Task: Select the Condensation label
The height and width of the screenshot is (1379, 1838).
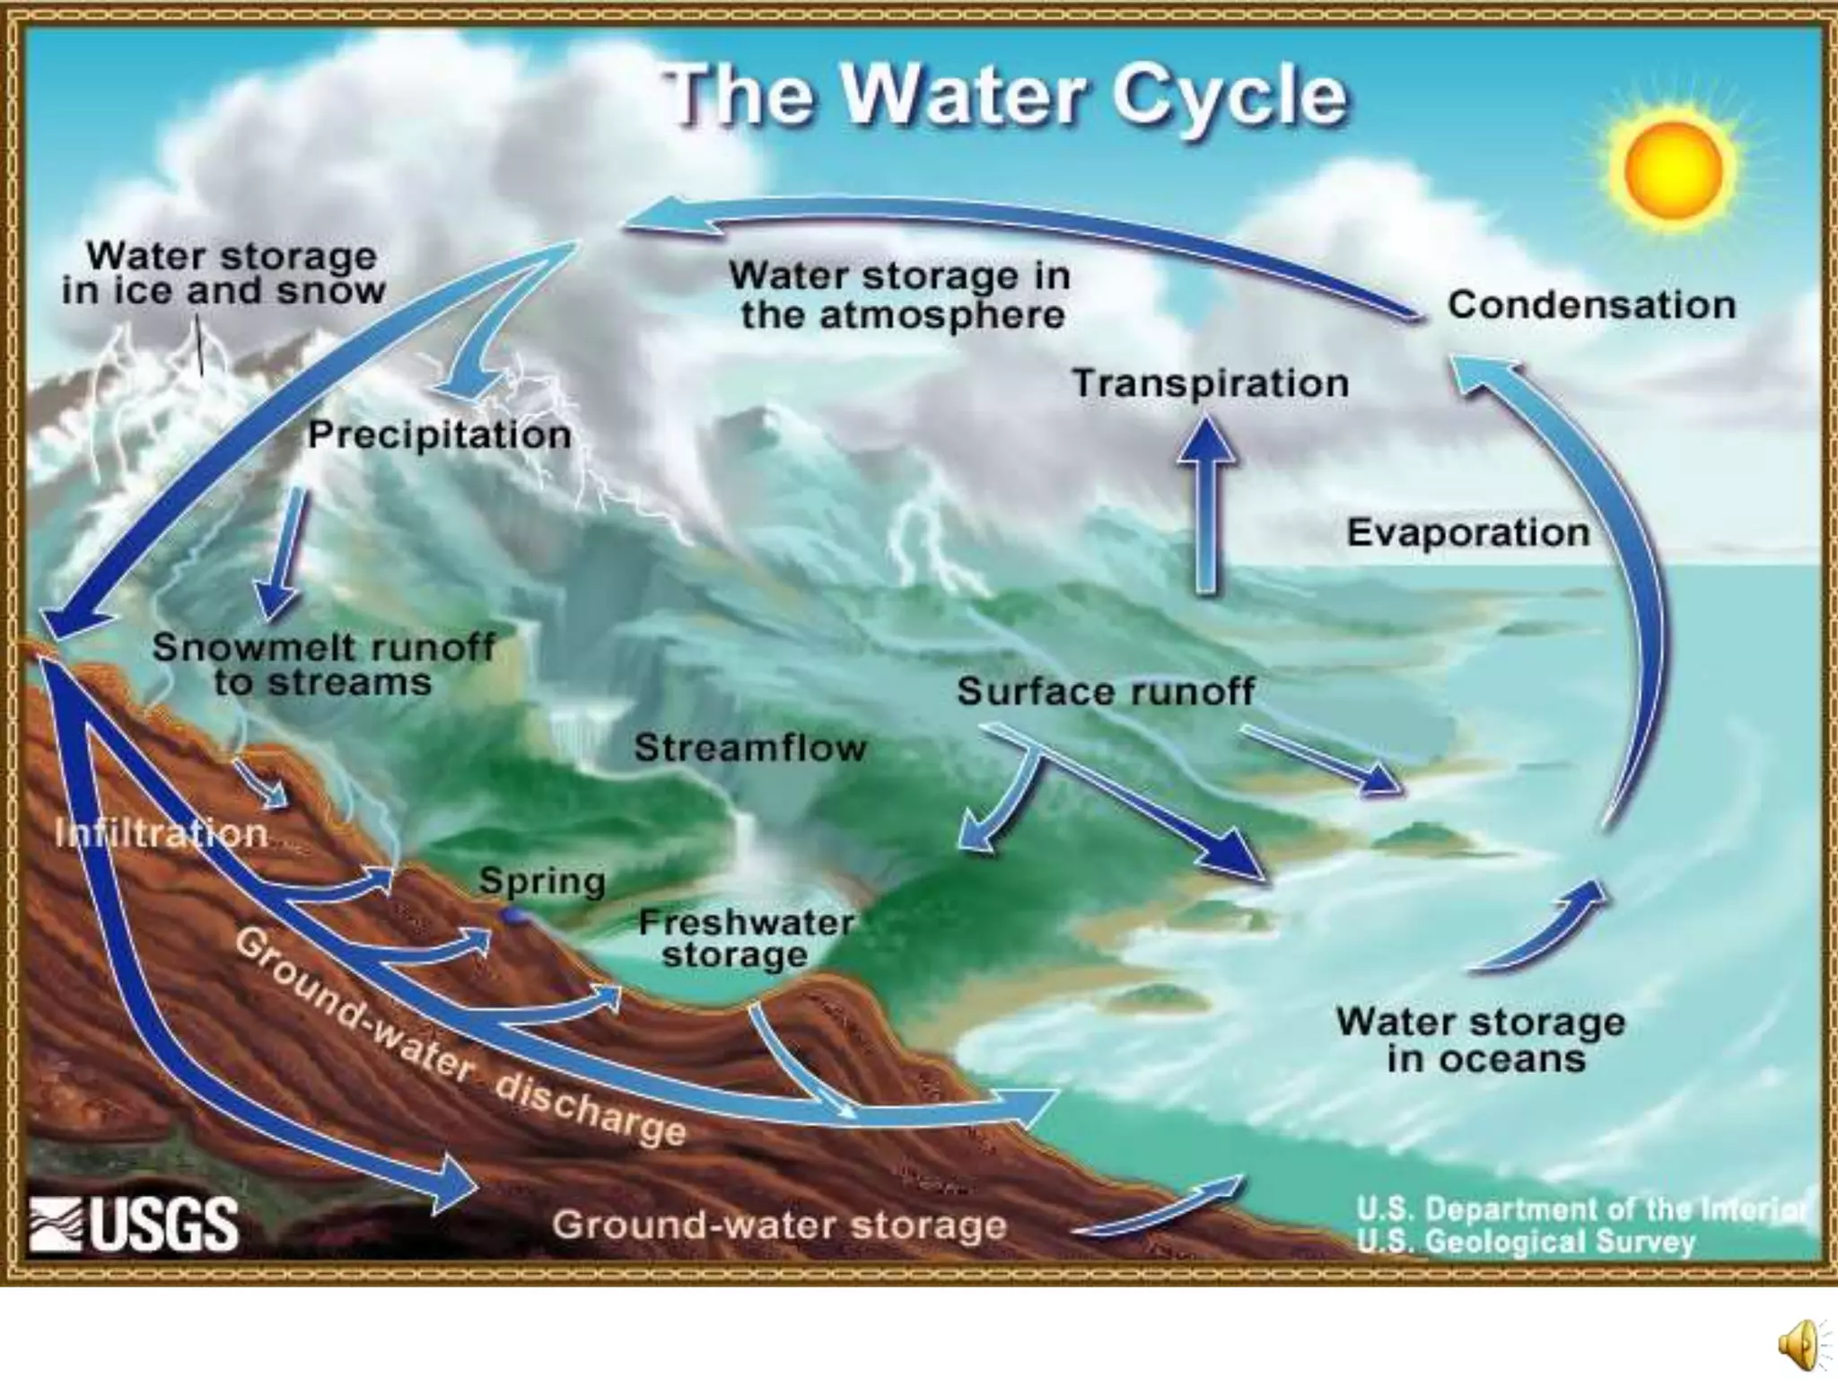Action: click(1591, 305)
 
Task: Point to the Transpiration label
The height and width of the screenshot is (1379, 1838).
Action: click(1211, 383)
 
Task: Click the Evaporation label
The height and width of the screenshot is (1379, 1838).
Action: click(1468, 532)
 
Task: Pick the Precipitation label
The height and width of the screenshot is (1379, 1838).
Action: click(440, 435)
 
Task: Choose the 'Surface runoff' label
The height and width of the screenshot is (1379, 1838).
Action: click(1106, 691)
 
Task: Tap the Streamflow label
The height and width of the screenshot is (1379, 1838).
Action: click(750, 747)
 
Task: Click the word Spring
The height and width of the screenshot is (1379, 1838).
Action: click(542, 881)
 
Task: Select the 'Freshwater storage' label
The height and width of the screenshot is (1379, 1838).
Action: click(745, 938)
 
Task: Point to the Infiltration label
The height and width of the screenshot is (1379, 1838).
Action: click(162, 834)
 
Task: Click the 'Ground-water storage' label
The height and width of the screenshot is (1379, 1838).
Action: click(779, 1225)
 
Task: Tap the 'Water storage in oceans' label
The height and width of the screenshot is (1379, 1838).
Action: click(1481, 1040)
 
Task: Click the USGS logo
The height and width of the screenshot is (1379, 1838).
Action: click(135, 1224)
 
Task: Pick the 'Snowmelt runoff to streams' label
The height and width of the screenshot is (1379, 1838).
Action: click(323, 664)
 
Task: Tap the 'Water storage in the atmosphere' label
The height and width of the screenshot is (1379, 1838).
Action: click(900, 294)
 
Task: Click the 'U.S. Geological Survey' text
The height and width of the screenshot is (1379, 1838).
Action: click(1526, 1243)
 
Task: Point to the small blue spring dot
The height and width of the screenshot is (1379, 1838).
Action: click(515, 916)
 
